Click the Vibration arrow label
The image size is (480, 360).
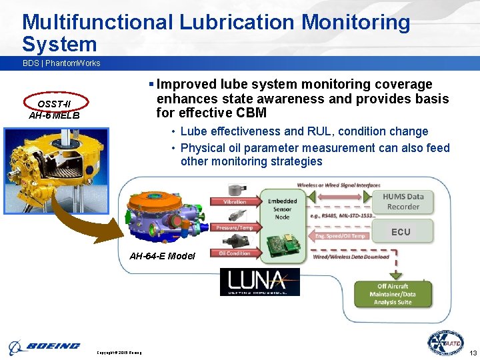click(234, 201)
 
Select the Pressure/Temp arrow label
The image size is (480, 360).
click(234, 227)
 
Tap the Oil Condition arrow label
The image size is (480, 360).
click(234, 253)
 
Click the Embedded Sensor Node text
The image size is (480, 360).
click(282, 208)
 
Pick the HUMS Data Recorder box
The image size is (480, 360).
click(403, 201)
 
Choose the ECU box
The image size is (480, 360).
click(401, 232)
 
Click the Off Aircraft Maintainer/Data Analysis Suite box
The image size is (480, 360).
click(395, 294)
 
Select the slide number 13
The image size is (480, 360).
click(473, 352)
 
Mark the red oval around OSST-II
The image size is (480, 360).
click(54, 103)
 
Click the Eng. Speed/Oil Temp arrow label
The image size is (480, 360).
click(340, 235)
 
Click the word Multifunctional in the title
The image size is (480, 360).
click(97, 22)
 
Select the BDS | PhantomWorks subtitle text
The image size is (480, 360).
click(61, 63)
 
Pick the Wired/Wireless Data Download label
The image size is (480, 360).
click(351, 257)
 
